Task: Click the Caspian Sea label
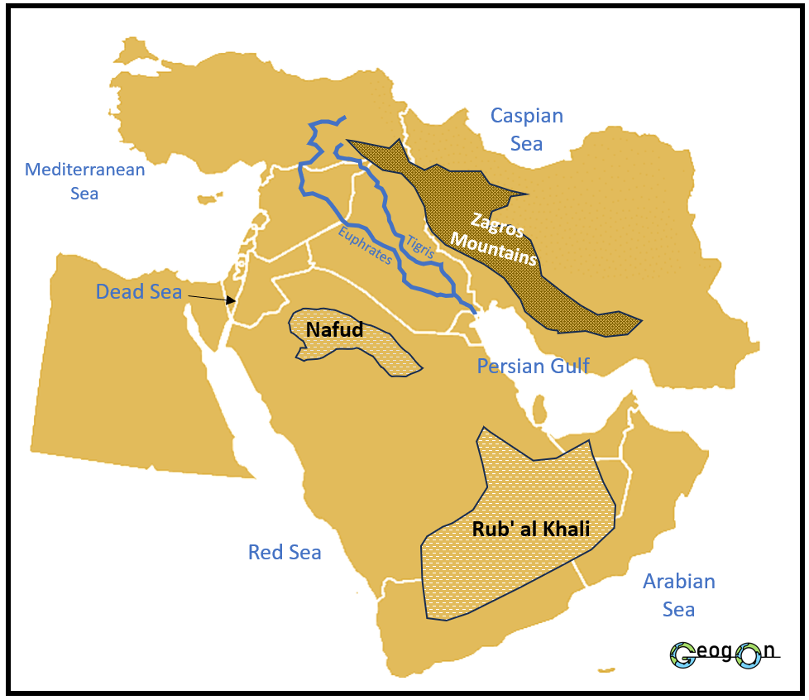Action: pos(526,130)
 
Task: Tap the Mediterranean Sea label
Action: pos(84,181)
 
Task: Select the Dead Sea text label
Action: pos(138,292)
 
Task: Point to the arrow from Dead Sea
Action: pos(209,297)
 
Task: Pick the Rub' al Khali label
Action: pos(531,530)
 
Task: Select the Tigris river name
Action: pos(419,247)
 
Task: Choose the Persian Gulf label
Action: pos(533,366)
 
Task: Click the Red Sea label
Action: pos(285,553)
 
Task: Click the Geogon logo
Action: pos(725,654)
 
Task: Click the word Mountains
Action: pos(493,247)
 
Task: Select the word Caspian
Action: pos(527,116)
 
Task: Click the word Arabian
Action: pos(679,582)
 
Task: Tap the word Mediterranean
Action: pos(84,170)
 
